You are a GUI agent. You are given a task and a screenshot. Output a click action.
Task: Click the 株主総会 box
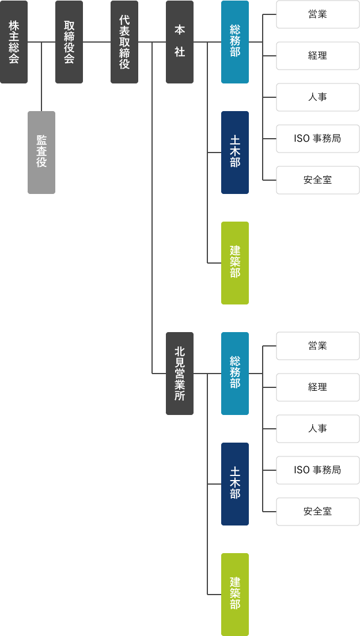point(14,42)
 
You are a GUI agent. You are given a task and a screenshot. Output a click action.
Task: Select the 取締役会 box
point(69,42)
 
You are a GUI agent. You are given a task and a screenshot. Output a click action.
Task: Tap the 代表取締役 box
point(124,42)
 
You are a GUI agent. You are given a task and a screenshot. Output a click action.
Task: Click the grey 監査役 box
point(41,153)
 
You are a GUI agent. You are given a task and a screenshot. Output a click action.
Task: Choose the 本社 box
point(180,42)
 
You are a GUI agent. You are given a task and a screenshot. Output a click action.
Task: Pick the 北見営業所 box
point(180,374)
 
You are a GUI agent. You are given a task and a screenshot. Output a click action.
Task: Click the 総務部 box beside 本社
point(235,42)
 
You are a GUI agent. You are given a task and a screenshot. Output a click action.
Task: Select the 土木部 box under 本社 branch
point(235,153)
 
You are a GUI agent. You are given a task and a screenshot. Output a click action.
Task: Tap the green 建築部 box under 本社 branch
point(235,263)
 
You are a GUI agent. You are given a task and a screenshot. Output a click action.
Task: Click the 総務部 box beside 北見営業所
point(235,374)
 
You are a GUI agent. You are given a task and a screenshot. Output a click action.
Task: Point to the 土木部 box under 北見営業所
point(235,484)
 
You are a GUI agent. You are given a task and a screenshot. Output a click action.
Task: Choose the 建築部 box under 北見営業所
point(235,595)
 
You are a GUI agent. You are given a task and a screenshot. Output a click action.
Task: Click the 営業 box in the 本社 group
point(318,14)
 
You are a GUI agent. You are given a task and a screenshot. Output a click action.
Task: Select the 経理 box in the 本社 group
point(318,56)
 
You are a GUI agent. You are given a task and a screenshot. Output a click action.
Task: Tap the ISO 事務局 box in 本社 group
point(318,139)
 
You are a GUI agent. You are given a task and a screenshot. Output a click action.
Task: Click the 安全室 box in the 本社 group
point(318,180)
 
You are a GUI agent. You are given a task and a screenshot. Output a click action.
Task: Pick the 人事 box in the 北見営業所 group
point(318,429)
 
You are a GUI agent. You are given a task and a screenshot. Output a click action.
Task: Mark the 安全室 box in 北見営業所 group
point(318,512)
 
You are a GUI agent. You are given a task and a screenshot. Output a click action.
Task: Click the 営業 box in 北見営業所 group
point(318,346)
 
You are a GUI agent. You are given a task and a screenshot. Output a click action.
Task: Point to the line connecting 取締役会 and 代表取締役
point(97,42)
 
